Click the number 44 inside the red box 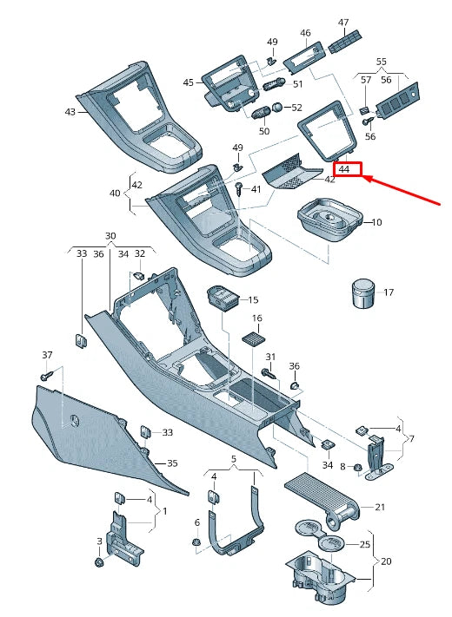pos(344,170)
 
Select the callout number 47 pos(343,23)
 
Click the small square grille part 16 pos(253,338)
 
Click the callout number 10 pos(376,223)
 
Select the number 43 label pos(70,112)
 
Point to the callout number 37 pos(48,355)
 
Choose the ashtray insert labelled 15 pos(226,299)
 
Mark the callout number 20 pos(388,561)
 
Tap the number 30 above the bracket pos(110,236)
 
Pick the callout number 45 pos(189,82)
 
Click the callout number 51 pos(297,84)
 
